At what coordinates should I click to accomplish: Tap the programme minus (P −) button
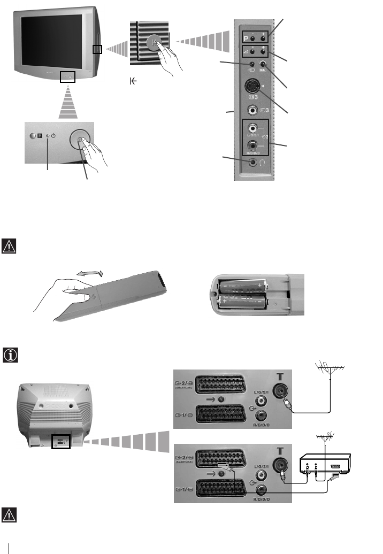[x=252, y=39]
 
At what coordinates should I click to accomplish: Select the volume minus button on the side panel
[x=252, y=53]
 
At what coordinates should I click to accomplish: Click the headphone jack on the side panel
[x=252, y=163]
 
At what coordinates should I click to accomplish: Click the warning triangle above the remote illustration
[x=10, y=245]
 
